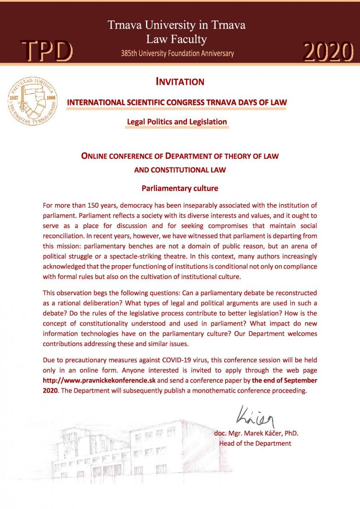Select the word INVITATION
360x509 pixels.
tap(180, 81)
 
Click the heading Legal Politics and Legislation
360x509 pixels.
tap(177, 122)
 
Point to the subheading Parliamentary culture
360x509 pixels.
tap(180, 187)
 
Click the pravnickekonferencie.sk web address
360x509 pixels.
tap(100, 380)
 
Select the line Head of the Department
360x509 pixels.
tap(255, 443)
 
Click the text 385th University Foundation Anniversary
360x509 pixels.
tap(177, 53)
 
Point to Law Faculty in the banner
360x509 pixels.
tap(177, 39)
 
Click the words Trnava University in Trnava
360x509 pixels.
tap(177, 25)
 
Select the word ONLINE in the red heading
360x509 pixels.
tap(94, 156)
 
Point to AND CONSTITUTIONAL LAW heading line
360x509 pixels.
tap(180, 170)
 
